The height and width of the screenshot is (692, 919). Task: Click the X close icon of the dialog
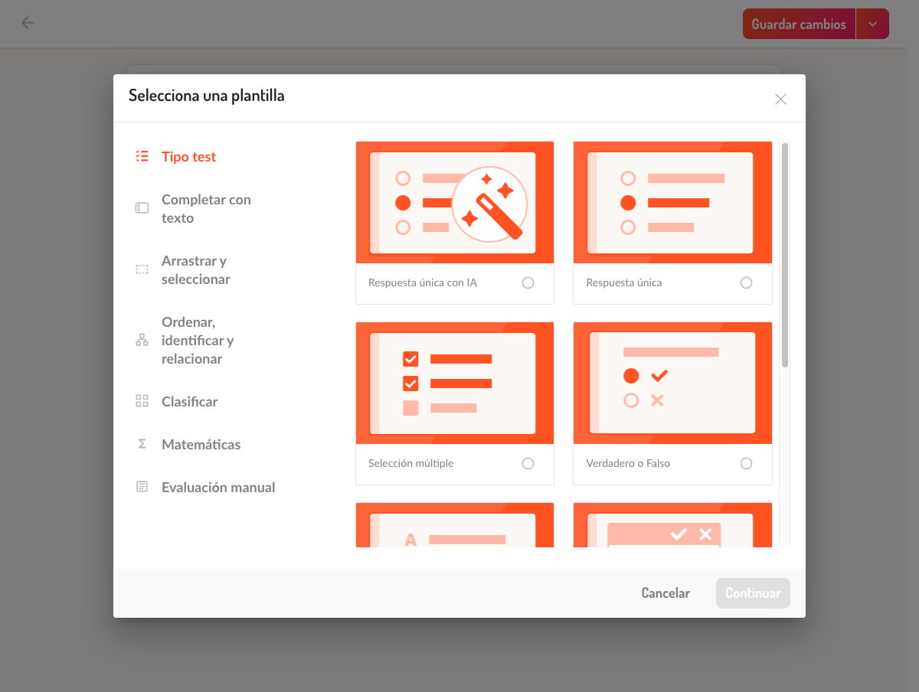click(780, 100)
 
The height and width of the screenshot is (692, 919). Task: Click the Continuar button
click(753, 592)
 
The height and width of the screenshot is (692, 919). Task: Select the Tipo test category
click(188, 156)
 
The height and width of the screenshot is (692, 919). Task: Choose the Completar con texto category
click(206, 208)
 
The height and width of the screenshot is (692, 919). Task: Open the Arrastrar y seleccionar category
click(195, 270)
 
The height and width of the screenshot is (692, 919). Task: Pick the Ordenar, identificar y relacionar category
click(198, 340)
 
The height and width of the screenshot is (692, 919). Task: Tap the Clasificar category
click(189, 402)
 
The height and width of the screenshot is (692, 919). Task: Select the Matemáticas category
click(201, 444)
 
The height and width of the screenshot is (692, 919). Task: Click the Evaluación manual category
click(218, 488)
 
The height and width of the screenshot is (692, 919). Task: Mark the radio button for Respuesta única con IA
click(528, 282)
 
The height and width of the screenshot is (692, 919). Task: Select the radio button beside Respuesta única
click(746, 282)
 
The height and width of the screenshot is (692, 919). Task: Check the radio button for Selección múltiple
click(528, 464)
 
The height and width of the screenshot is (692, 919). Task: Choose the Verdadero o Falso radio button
click(746, 464)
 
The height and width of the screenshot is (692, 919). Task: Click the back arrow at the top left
click(28, 23)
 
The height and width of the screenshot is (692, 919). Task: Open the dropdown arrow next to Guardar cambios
click(872, 24)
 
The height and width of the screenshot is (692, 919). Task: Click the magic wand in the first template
click(499, 214)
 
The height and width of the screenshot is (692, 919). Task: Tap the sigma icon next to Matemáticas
click(142, 444)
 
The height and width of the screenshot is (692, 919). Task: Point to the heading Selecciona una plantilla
click(207, 96)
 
